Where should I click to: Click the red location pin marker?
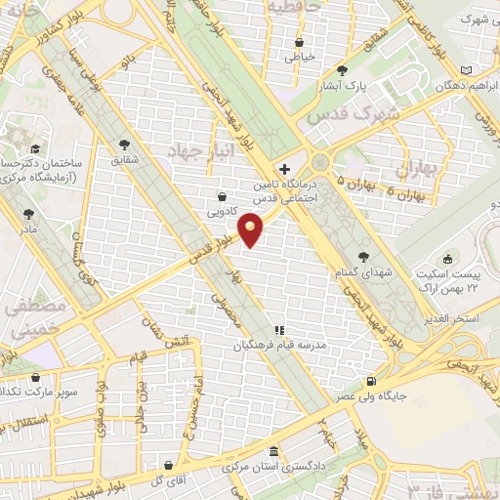[x=253, y=229]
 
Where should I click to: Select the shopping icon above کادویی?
[x=224, y=195]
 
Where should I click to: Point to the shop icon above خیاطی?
[x=300, y=41]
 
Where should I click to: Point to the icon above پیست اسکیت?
[x=447, y=258]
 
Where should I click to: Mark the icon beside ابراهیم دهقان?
[x=465, y=70]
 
